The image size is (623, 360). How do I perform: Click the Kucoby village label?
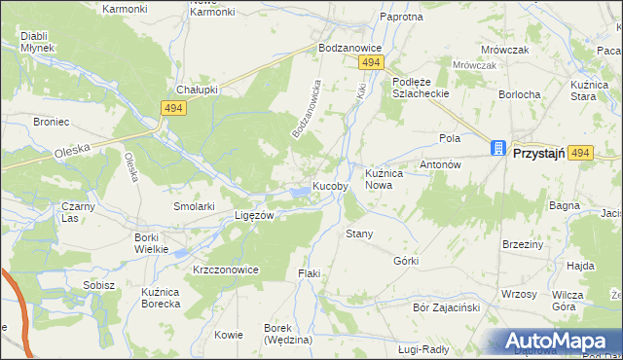point(331,187)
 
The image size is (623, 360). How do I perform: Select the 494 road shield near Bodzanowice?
point(369,62)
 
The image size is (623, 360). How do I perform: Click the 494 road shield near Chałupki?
point(174,108)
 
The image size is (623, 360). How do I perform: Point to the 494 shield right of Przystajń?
point(581,153)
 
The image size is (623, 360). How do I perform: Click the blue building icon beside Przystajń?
point(498,149)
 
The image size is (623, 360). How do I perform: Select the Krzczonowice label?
point(225,270)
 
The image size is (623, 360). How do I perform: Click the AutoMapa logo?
point(559,342)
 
